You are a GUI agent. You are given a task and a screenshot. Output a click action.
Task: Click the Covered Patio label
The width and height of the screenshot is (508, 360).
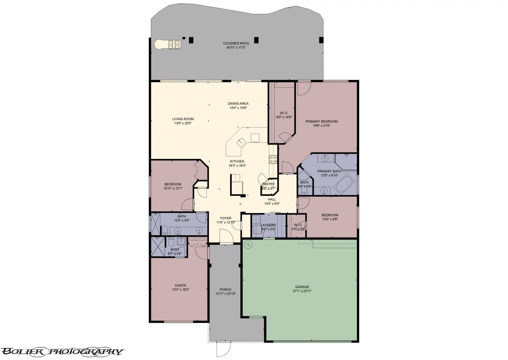[236, 44]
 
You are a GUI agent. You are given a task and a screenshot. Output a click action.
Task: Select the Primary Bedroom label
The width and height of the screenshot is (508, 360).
[321, 121]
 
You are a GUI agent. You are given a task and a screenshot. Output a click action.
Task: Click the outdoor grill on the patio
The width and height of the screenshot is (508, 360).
[173, 44]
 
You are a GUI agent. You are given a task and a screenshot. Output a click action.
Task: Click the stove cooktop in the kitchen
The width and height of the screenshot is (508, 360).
[273, 159]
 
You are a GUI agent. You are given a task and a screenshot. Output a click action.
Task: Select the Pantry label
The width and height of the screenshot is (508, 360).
[268, 184]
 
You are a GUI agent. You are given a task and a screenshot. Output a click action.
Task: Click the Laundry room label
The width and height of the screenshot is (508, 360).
[268, 225]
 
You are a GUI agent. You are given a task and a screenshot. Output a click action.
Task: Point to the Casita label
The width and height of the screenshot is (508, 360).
[180, 285]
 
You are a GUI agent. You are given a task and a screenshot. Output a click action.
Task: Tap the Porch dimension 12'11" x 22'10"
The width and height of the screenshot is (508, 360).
[225, 294]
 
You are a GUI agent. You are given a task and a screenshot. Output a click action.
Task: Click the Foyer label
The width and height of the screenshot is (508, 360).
[226, 218]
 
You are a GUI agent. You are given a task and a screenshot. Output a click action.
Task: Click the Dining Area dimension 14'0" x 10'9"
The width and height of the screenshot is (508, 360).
[238, 108]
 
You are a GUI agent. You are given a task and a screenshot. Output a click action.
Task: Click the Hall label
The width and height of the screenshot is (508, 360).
[272, 200]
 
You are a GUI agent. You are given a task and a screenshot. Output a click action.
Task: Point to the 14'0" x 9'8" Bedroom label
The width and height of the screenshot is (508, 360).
[330, 215]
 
